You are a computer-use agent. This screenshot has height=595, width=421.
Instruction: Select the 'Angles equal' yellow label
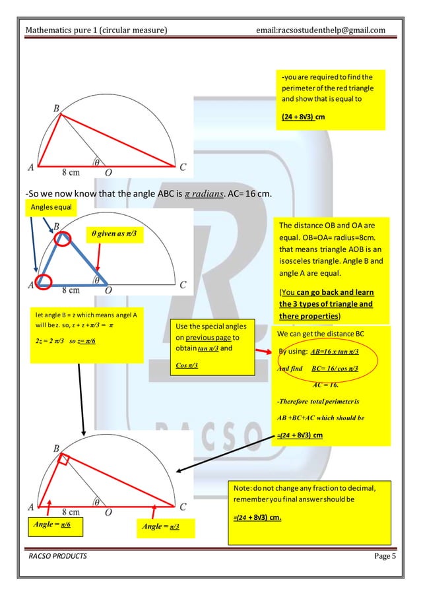(x=51, y=207)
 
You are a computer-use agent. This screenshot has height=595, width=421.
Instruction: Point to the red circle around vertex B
(x=62, y=238)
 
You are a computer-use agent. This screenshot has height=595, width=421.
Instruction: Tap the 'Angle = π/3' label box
(x=162, y=526)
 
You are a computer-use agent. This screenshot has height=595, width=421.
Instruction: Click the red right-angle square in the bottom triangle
(x=63, y=460)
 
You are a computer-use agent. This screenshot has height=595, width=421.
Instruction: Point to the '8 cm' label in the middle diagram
(x=73, y=288)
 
